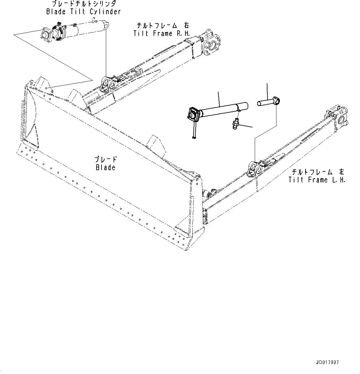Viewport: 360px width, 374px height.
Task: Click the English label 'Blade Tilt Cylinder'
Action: tap(83, 12)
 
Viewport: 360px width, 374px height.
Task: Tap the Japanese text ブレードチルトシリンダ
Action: tap(84, 4)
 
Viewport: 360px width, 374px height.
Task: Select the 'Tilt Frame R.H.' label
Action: tap(162, 33)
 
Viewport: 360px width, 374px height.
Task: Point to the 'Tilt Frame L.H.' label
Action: tap(317, 180)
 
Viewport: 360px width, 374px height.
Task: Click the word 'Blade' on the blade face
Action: tap(105, 168)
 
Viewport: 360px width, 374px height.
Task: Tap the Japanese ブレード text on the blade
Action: tap(106, 160)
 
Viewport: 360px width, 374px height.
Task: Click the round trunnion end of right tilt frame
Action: tap(212, 46)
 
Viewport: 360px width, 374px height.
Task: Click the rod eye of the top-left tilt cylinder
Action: tap(106, 25)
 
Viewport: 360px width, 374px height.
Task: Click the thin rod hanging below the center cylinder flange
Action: tap(194, 130)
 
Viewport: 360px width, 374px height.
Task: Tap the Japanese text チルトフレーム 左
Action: tap(317, 172)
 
